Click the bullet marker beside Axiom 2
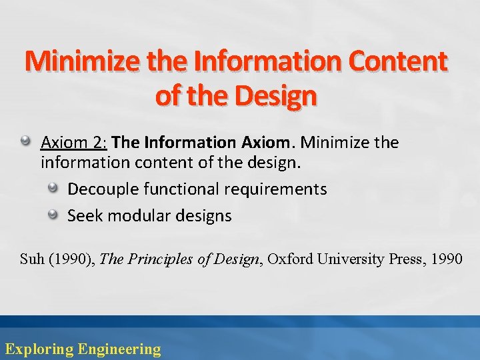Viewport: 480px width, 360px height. pyautogui.click(x=26, y=142)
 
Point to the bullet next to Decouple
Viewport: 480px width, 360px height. pyautogui.click(x=53, y=189)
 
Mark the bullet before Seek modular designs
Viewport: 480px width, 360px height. pyautogui.click(x=53, y=215)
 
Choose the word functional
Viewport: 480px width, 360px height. pyautogui.click(x=183, y=189)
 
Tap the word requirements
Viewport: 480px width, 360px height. pyautogui.click(x=275, y=189)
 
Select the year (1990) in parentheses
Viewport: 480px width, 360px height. pyautogui.click(x=71, y=259)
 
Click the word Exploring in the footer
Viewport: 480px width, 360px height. pyautogui.click(x=39, y=349)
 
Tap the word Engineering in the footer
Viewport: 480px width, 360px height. pyautogui.click(x=119, y=349)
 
